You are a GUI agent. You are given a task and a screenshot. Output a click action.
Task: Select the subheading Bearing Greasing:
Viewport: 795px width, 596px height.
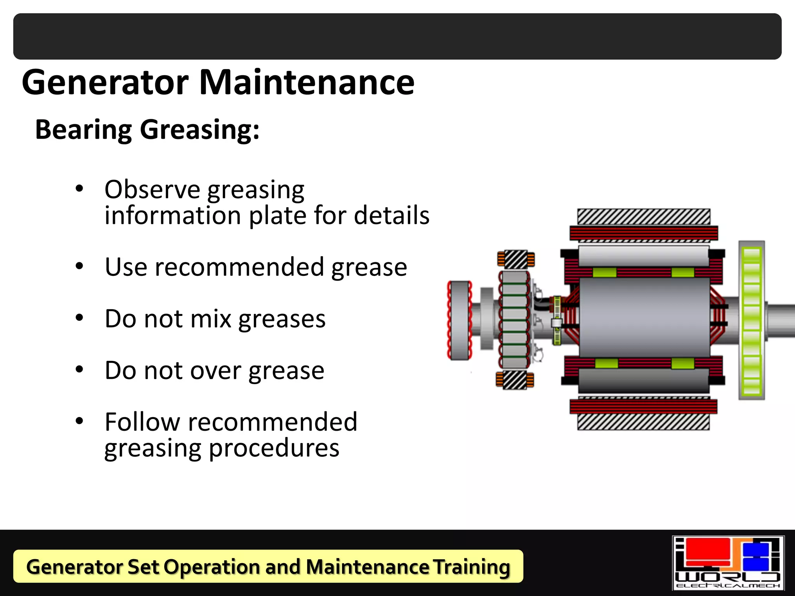point(147,130)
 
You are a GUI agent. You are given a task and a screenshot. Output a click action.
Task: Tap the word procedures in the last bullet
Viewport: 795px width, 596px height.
point(274,448)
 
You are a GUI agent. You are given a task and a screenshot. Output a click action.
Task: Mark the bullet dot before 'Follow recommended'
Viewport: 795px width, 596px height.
point(80,421)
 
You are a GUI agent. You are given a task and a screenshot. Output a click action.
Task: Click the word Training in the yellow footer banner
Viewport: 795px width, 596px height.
point(471,567)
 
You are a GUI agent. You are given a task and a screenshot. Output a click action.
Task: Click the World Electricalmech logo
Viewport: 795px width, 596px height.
point(728,563)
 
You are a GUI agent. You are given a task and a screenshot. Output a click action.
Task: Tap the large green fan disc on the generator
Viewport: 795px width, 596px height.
point(752,321)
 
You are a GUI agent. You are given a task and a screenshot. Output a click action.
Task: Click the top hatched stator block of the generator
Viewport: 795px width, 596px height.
point(644,217)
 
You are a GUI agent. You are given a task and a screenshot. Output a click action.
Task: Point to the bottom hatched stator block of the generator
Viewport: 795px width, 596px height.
point(643,422)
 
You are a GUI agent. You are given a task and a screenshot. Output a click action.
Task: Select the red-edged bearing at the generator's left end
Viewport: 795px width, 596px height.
point(460,320)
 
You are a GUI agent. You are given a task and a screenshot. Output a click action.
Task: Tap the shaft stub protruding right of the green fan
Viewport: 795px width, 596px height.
point(781,321)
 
